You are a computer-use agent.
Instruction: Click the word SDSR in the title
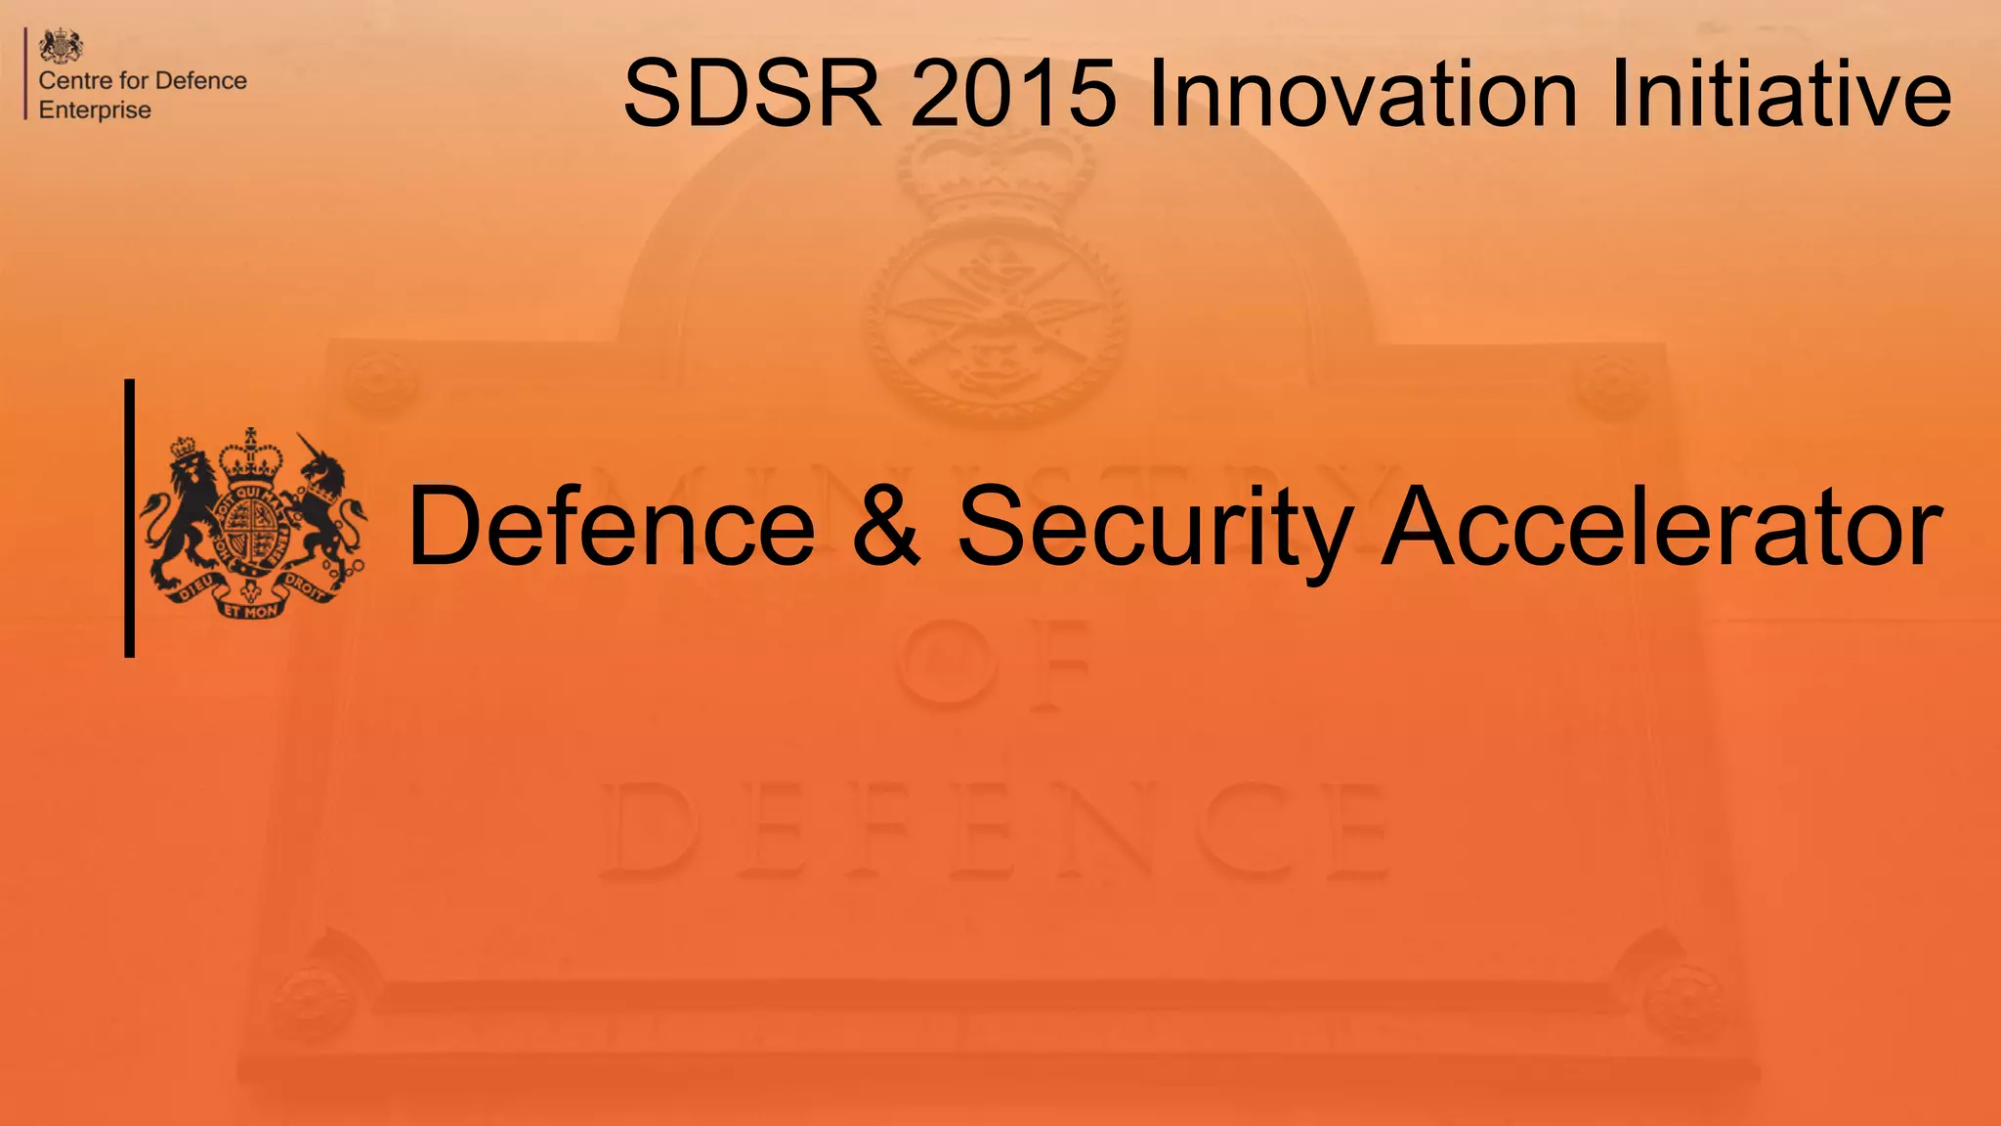click(x=751, y=94)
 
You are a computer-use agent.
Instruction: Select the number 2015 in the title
click(x=1013, y=94)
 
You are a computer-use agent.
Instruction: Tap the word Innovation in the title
click(x=1362, y=94)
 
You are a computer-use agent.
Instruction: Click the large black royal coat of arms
click(x=252, y=523)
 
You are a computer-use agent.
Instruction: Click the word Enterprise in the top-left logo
click(x=95, y=110)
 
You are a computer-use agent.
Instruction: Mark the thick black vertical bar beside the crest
click(x=130, y=518)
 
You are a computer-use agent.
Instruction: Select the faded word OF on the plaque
click(x=992, y=665)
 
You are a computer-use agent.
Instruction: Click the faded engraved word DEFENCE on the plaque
click(x=992, y=831)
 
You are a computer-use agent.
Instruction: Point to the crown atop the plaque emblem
click(x=995, y=176)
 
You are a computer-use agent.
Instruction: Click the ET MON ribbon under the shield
click(x=251, y=611)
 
